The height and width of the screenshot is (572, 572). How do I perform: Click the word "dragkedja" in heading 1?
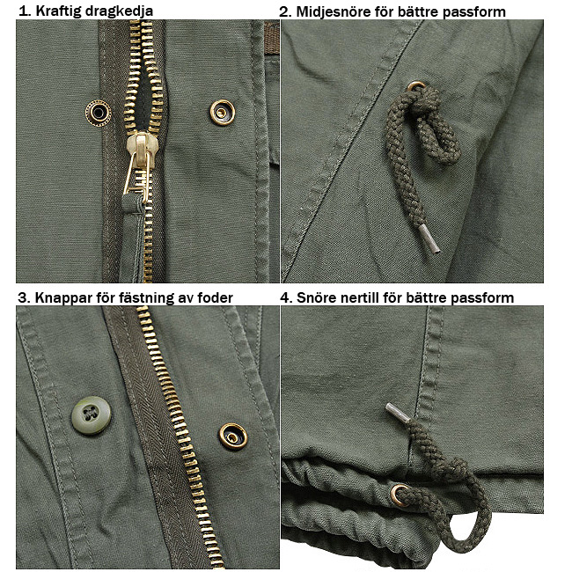pyautogui.click(x=119, y=11)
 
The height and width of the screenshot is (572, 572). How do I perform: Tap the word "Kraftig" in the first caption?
pyautogui.click(x=58, y=11)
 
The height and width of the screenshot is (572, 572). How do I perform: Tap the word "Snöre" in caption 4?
pyautogui.click(x=317, y=297)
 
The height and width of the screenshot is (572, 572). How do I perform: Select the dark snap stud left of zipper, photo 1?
pyautogui.click(x=99, y=114)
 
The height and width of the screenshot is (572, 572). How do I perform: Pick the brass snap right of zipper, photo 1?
pyautogui.click(x=222, y=113)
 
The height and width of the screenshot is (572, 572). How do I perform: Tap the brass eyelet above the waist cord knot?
pyautogui.click(x=415, y=86)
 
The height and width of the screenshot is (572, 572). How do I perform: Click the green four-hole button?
pyautogui.click(x=91, y=414)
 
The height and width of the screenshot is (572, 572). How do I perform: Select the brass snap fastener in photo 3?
pyautogui.click(x=232, y=436)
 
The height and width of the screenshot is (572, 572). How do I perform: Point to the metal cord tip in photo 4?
pyautogui.click(x=398, y=413)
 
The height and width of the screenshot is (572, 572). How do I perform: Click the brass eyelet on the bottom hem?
pyautogui.click(x=399, y=495)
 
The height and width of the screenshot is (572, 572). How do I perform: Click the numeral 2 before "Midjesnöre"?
pyautogui.click(x=284, y=11)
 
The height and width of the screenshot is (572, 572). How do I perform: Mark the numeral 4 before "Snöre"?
pyautogui.click(x=285, y=297)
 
